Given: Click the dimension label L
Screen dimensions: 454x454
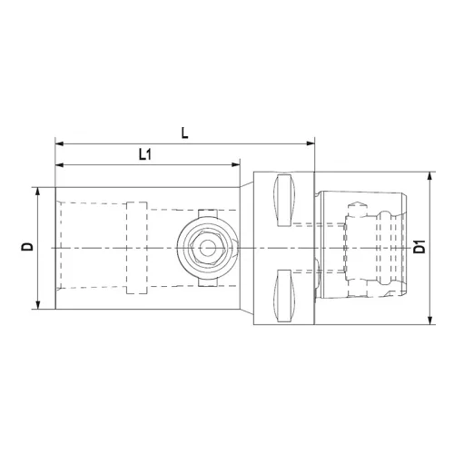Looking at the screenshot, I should click(185, 133).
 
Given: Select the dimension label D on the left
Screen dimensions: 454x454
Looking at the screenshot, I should click(27, 247).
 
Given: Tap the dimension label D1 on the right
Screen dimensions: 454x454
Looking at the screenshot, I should click(419, 247).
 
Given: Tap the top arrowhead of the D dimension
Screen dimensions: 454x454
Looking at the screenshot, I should click(38, 192).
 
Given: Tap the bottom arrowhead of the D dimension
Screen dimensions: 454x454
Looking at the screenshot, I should click(38, 304).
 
